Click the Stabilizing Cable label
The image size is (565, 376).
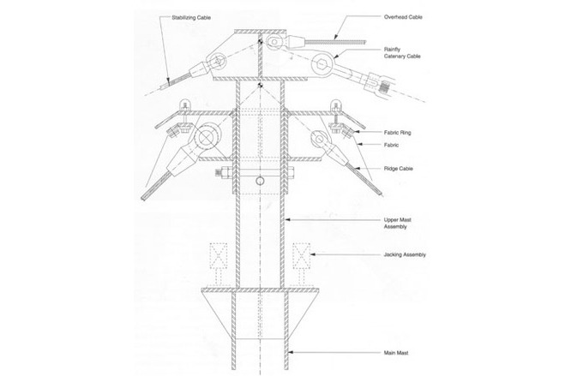pos(191,18)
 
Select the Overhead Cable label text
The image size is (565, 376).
pos(403,17)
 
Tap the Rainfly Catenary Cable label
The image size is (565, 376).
pos(402,53)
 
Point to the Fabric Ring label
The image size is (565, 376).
pos(397,133)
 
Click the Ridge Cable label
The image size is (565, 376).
pos(398,169)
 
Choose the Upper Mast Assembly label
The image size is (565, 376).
pos(397,223)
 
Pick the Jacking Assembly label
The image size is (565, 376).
pos(405,254)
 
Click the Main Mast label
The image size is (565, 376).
pos(396,353)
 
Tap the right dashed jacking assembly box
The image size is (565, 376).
pos(301,256)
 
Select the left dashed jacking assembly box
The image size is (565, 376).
pos(219,256)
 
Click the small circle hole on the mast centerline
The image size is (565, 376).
pos(260,181)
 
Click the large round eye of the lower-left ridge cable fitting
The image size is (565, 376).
pos(206,137)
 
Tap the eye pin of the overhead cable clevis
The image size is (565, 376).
pos(274,42)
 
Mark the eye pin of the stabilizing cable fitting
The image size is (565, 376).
pos(219,62)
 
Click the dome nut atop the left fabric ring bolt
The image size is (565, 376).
pos(185,104)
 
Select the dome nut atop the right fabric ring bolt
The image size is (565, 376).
pos(336,104)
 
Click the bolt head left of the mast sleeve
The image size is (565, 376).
pos(220,173)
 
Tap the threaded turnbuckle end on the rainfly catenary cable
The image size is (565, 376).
pos(386,88)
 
